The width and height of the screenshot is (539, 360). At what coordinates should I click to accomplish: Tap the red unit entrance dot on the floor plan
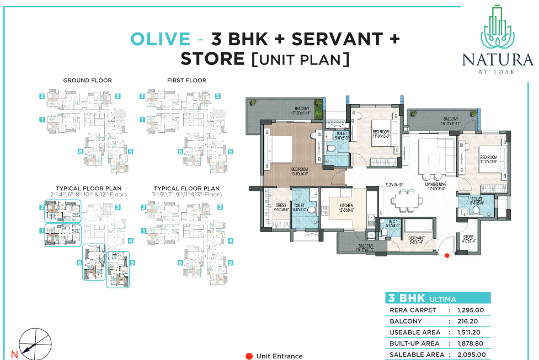[x=447, y=255]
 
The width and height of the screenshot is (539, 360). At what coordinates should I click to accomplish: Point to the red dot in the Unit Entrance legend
[x=249, y=356]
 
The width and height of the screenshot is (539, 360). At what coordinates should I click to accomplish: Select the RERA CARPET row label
[x=413, y=310]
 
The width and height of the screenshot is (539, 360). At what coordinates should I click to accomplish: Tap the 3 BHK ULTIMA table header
[x=422, y=298]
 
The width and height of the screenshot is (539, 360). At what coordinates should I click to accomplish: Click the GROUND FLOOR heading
[x=87, y=80]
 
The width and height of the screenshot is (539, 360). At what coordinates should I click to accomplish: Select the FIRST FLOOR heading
[x=186, y=80]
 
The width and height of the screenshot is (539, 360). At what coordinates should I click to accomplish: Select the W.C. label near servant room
[x=389, y=223]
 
